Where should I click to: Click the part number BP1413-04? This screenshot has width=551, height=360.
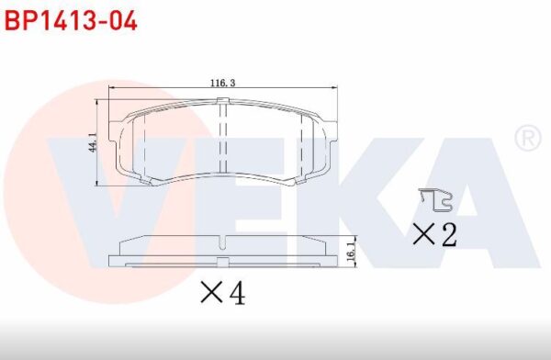[71, 21]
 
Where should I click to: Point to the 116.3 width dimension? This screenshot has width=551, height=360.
[222, 83]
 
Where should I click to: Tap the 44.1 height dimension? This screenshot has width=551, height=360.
[93, 142]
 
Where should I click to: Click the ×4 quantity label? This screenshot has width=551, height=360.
[223, 293]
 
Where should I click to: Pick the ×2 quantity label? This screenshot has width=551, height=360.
[434, 234]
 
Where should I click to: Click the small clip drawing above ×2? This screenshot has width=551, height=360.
[435, 199]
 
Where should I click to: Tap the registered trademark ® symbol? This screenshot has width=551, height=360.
[528, 138]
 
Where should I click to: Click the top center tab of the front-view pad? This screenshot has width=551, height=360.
[223, 101]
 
